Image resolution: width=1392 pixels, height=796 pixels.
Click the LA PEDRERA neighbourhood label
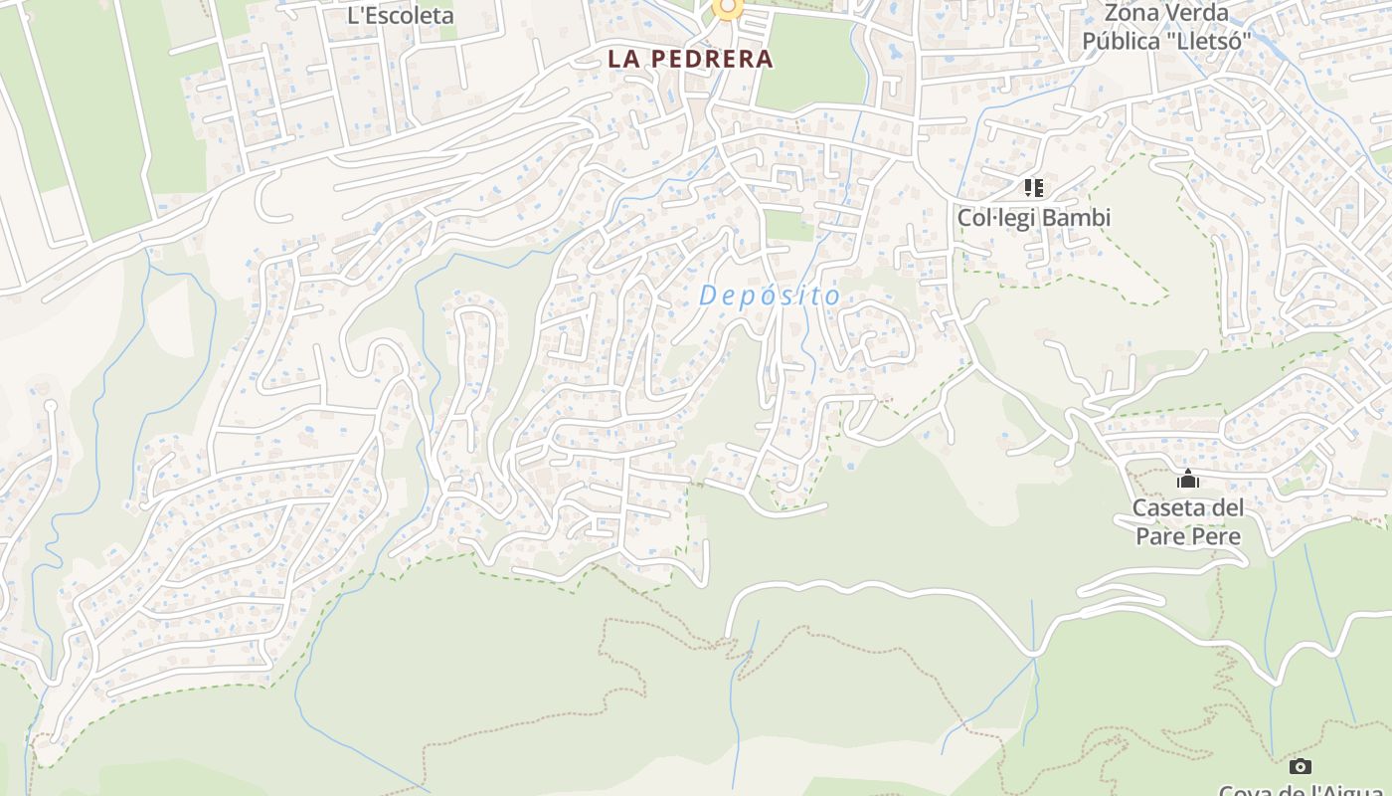tap(690, 59)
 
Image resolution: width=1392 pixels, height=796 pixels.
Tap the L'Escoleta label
tap(400, 15)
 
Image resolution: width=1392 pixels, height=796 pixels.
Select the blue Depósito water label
tap(770, 296)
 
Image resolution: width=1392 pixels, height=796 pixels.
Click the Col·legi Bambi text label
tap(1033, 217)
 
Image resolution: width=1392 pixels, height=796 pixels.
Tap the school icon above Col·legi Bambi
tap(1033, 187)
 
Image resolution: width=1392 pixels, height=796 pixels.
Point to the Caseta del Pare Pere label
tap(1188, 522)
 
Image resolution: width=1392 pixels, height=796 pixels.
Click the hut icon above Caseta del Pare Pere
tap(1188, 480)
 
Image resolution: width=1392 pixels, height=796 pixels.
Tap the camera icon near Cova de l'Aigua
tap(1300, 766)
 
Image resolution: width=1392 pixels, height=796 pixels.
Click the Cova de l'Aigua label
tap(1300, 791)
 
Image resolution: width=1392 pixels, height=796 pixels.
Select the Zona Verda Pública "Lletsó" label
tap(1166, 28)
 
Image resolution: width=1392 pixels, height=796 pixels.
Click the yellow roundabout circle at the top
tap(728, 8)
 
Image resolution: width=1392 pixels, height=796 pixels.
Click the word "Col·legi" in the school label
tap(995, 217)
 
